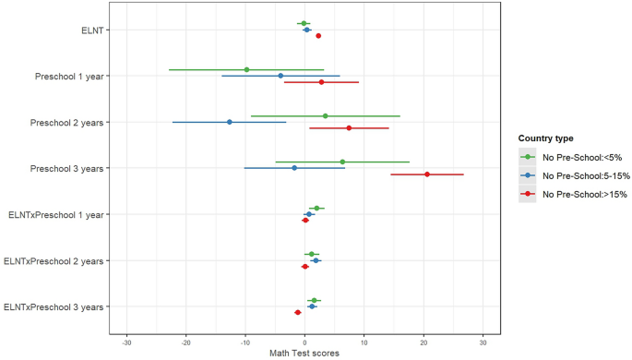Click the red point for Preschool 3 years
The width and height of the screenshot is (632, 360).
[x=426, y=174]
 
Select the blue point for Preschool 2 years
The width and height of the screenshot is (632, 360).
[x=230, y=122]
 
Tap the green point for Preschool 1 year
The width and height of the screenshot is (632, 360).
[x=246, y=69]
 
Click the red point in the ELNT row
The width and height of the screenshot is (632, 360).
[x=318, y=36]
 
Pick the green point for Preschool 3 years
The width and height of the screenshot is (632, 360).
[x=342, y=162]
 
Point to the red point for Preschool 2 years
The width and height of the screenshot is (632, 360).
[x=349, y=128]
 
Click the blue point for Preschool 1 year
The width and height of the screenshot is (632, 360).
[x=280, y=76]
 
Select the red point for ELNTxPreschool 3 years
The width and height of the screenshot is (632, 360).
[x=297, y=312]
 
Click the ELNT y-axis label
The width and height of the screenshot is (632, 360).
[x=91, y=30]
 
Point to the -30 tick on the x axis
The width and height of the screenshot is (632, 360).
[x=126, y=342]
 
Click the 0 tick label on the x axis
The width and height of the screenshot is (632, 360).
[x=305, y=342]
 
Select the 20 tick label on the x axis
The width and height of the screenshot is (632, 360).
[x=424, y=342]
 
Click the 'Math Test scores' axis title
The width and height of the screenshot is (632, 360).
[x=304, y=354]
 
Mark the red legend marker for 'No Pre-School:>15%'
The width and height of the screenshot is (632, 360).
[x=528, y=194]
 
